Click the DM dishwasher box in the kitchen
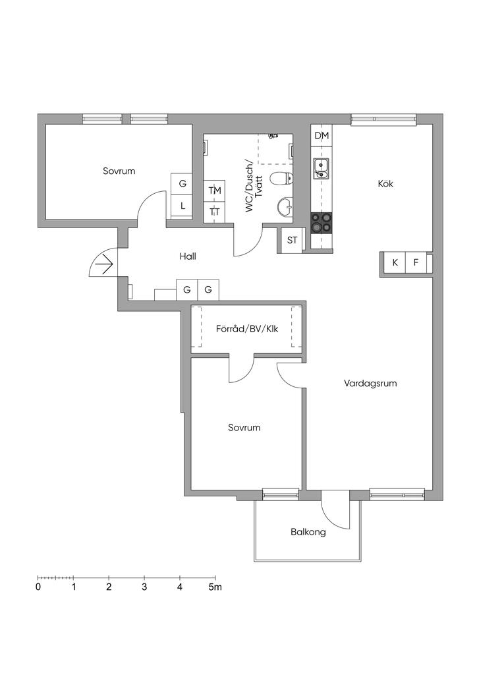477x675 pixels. [x=322, y=135]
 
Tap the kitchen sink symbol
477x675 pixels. [x=321, y=168]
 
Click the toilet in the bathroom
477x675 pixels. [x=282, y=178]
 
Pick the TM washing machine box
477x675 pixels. [x=214, y=191]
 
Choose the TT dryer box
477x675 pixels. [x=214, y=212]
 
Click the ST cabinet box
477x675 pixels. [x=292, y=240]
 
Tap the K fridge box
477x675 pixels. [x=395, y=262]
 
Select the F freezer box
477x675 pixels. [x=416, y=262]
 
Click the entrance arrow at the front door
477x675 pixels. [x=105, y=262]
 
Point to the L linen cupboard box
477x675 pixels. [x=182, y=206]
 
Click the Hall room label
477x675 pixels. [x=188, y=256]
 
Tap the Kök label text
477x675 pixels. [x=385, y=184]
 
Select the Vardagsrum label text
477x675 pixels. [x=370, y=383]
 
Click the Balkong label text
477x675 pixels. [x=308, y=532]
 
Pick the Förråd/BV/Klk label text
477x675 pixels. [x=247, y=329]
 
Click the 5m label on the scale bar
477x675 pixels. [x=215, y=587]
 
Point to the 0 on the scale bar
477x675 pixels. [x=39, y=587]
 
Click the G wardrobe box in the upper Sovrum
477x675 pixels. [x=182, y=184]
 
